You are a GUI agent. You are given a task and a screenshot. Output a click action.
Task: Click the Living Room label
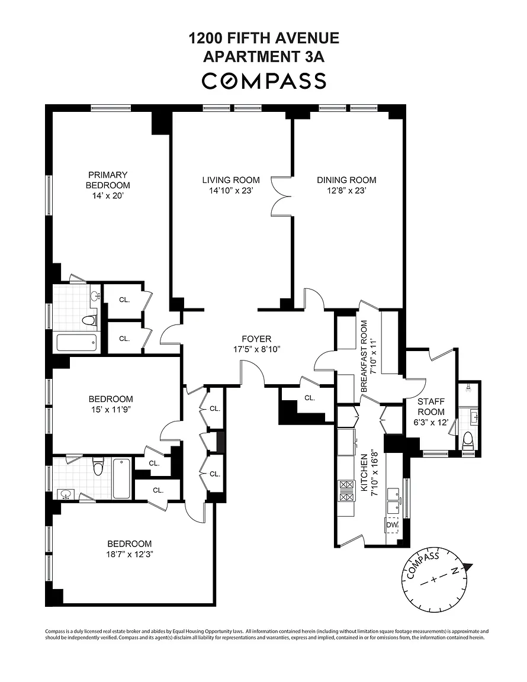tap(231, 180)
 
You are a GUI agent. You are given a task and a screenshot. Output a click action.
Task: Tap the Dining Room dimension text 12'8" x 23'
tap(346, 191)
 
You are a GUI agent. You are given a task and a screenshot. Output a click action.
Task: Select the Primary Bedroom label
tap(108, 180)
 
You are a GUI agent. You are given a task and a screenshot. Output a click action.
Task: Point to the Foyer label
tap(257, 339)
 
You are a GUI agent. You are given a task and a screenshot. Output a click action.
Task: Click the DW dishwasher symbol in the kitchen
tap(392, 525)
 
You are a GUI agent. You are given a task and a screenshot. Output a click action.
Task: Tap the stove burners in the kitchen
tap(347, 491)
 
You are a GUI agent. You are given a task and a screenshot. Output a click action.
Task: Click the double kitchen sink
tap(394, 501)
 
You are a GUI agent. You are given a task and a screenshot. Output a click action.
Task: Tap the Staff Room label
tap(431, 407)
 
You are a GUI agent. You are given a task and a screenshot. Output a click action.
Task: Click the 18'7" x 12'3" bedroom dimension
tap(130, 554)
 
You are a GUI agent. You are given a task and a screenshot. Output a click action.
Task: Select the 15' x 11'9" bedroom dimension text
tap(111, 409)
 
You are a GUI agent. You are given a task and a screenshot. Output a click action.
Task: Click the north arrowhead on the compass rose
tap(467, 567)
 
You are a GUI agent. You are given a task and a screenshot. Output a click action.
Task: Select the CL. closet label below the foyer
tap(310, 398)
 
